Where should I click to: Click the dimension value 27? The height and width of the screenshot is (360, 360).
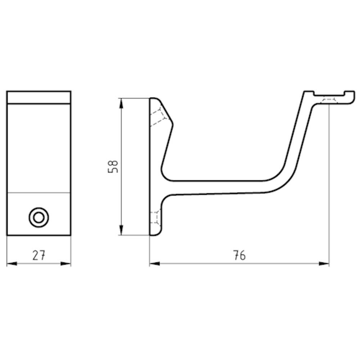pyautogui.click(x=39, y=255)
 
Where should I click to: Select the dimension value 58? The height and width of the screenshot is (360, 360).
pyautogui.click(x=113, y=166)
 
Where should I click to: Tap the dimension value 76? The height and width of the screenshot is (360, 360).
pyautogui.click(x=239, y=255)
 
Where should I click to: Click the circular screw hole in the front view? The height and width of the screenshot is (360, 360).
pyautogui.click(x=39, y=217)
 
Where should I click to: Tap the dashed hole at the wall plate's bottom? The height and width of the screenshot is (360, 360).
pyautogui.click(x=155, y=217)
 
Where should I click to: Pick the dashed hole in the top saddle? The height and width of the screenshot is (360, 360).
pyautogui.click(x=329, y=100)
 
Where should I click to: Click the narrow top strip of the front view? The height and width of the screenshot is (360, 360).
pyautogui.click(x=39, y=97)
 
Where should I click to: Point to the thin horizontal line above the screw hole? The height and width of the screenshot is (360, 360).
pyautogui.click(x=39, y=193)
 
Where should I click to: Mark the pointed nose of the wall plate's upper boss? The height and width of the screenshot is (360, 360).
pyautogui.click(x=172, y=124)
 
